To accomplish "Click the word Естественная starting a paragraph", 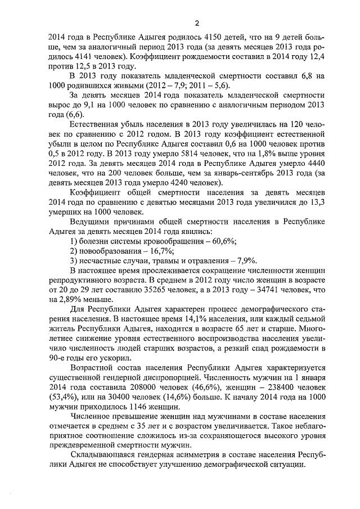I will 96,139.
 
